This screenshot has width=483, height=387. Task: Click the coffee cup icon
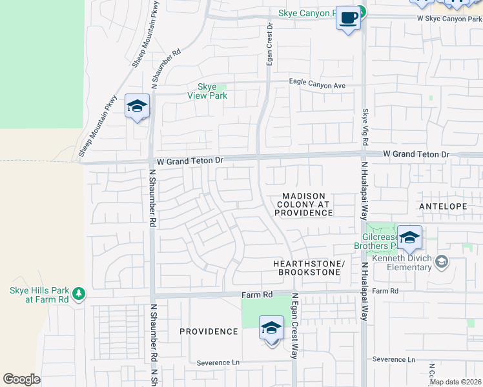(349, 19)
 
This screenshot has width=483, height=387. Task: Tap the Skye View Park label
(207, 91)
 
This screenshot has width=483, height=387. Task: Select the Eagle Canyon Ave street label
(317, 85)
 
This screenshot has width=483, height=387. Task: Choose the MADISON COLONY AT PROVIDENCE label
(304, 204)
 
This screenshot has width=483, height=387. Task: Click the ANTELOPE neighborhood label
(443, 206)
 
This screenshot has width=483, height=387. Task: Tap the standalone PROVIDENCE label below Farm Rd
(209, 332)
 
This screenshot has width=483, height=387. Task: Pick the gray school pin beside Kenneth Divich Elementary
(441, 262)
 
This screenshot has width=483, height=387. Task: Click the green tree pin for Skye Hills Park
(79, 294)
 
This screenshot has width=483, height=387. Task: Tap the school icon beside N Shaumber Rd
(138, 106)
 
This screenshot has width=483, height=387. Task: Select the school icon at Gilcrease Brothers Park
(409, 238)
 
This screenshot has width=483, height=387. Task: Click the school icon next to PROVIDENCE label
(271, 328)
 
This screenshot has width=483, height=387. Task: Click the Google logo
(22, 379)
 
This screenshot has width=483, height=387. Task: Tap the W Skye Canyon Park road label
(449, 19)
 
